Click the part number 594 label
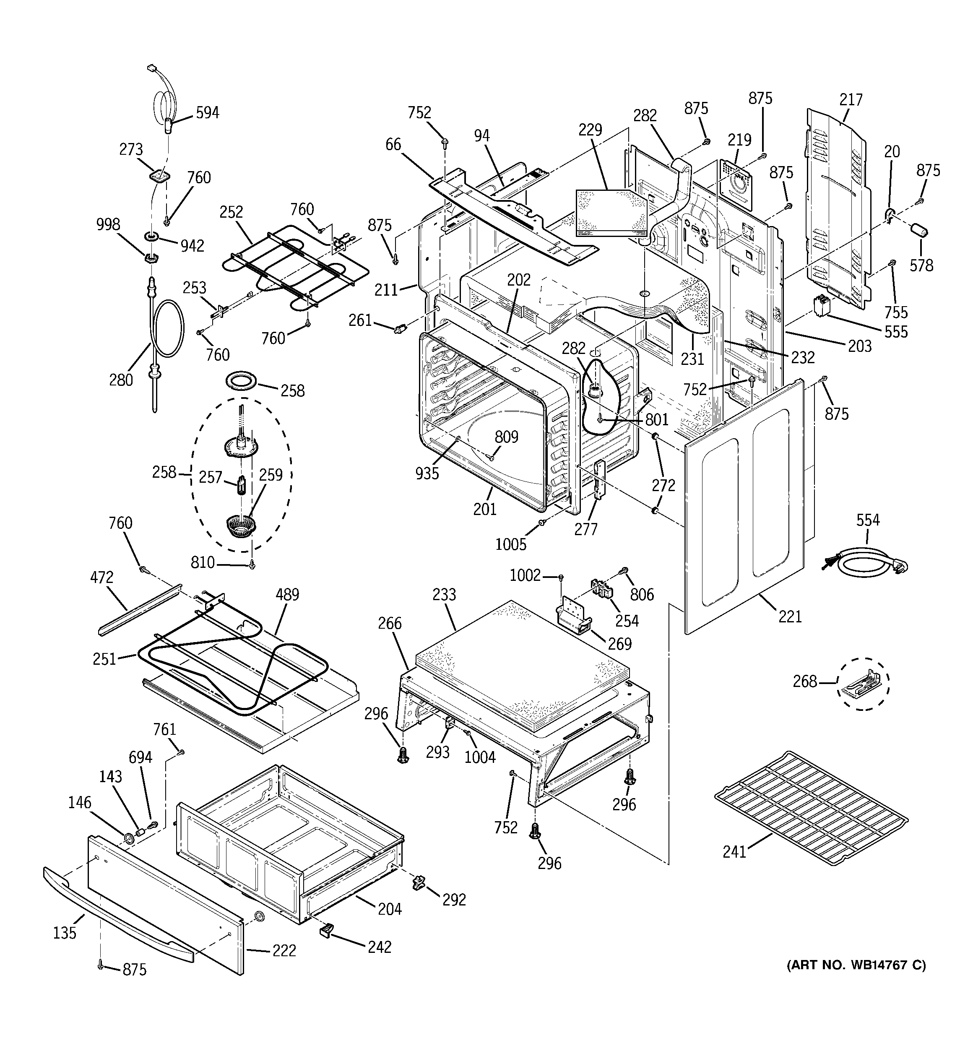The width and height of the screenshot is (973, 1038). (207, 113)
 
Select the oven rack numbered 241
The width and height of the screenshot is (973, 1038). (811, 808)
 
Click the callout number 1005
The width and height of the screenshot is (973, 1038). (511, 545)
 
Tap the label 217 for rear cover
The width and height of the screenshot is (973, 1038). (851, 99)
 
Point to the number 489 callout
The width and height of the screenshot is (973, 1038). (287, 594)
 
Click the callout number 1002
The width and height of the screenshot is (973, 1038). (525, 575)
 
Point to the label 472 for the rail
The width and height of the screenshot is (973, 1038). (101, 578)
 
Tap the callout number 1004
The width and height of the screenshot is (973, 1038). (480, 757)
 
